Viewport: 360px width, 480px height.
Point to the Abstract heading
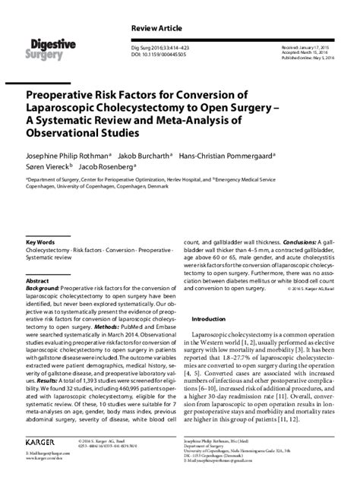tap(37, 280)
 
